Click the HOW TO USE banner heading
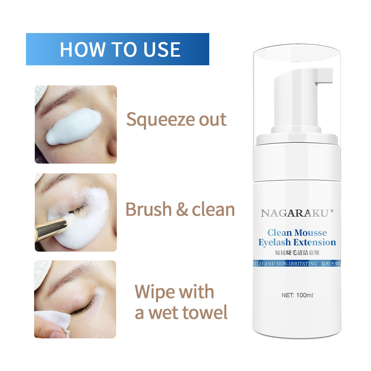click(120, 49)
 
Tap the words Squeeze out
click(176, 119)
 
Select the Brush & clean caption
click(180, 210)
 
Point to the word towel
click(204, 313)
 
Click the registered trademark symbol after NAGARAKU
click(332, 210)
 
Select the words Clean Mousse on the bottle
click(297, 233)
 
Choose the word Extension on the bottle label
click(315, 243)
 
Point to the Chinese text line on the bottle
click(297, 253)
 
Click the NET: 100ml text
click(298, 295)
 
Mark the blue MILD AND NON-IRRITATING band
click(296, 264)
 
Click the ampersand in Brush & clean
click(182, 210)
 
